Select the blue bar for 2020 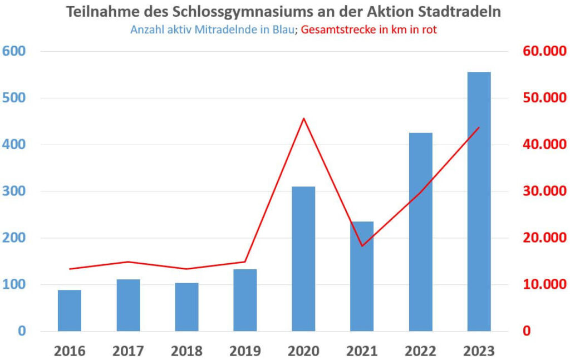[303, 259]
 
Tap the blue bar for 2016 [70, 310]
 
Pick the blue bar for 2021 [362, 276]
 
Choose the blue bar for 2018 [186, 307]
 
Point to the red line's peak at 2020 [303, 119]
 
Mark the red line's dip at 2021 [362, 245]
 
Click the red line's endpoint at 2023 [479, 127]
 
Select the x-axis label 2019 [245, 351]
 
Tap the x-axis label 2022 [420, 351]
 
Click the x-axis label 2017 [128, 351]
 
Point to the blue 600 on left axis [14, 51]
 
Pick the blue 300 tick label [14, 191]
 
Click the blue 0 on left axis [21, 332]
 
